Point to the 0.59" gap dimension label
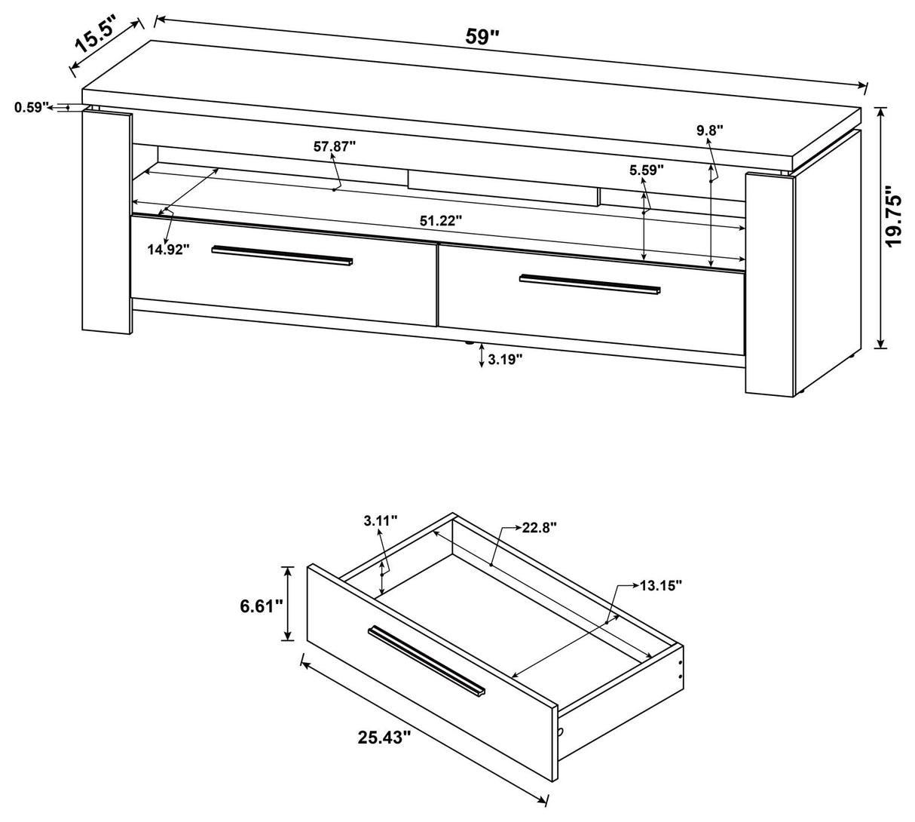[x=31, y=107]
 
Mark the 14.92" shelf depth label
[x=168, y=249]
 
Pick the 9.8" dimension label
[x=709, y=130]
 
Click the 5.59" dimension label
[x=647, y=170]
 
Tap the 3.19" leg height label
[x=505, y=360]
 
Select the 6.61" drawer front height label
[x=259, y=604]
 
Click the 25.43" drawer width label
[x=384, y=736]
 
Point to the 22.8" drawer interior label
[x=539, y=528]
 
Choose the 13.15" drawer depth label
[x=661, y=584]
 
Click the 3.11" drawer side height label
[x=380, y=520]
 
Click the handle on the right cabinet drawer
[x=589, y=284]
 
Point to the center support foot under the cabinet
[x=470, y=342]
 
